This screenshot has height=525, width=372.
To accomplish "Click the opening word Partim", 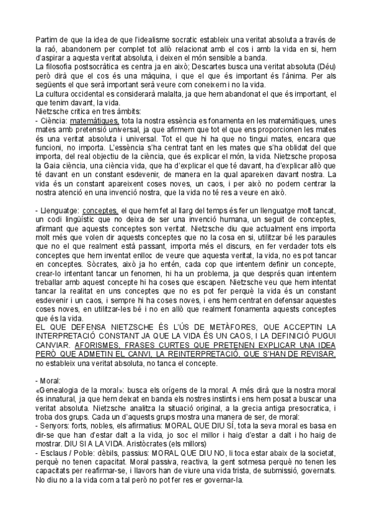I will click(x=45, y=40).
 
